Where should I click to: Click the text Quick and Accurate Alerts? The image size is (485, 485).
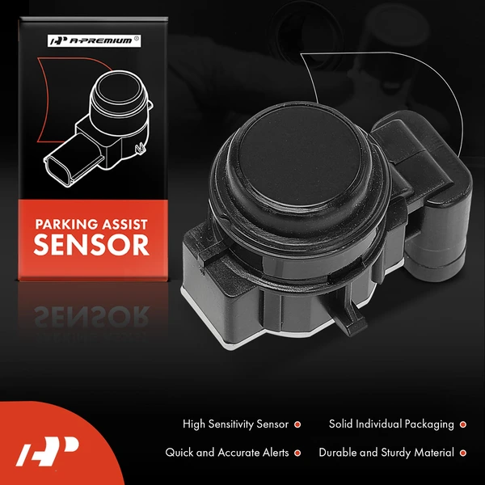click(227, 453)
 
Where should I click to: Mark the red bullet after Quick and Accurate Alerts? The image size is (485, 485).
click(297, 453)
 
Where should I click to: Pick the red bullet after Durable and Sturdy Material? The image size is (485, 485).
click(462, 453)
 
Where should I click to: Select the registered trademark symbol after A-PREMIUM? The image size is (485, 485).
click(136, 36)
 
